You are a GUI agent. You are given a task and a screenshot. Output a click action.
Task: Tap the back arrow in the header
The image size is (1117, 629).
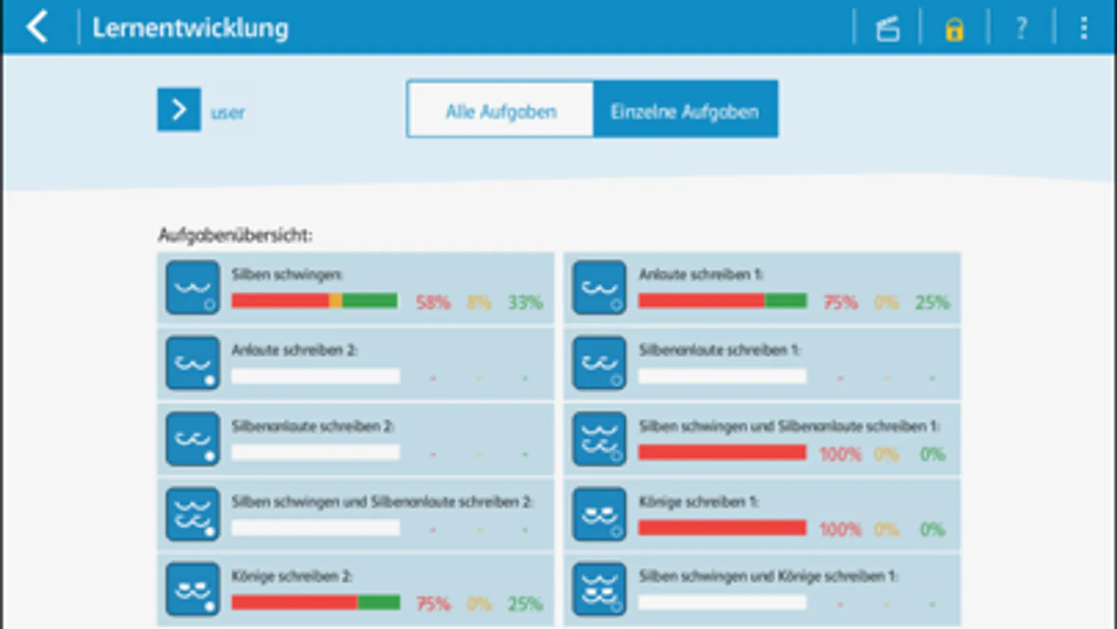(37, 28)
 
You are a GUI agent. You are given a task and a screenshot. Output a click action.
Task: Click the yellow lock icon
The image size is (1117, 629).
(954, 29)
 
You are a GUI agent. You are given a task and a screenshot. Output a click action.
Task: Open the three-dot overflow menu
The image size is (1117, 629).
(1083, 29)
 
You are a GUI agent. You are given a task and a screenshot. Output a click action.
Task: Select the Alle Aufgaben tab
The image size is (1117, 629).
(501, 111)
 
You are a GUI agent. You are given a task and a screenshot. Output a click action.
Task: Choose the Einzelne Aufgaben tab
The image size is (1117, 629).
(685, 111)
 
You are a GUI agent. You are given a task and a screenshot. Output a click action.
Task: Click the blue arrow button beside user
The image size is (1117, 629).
(179, 109)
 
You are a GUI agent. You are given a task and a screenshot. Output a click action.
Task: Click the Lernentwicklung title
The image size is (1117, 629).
(190, 28)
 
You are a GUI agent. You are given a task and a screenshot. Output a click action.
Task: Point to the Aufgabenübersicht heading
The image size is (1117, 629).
(235, 235)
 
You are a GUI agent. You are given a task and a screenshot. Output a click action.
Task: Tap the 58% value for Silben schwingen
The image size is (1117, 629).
(433, 303)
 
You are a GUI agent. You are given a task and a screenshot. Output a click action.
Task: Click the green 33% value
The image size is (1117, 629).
(525, 303)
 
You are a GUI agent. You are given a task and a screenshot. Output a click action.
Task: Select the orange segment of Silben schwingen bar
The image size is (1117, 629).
(335, 301)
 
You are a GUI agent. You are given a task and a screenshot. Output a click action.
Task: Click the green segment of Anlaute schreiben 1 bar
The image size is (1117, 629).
(786, 301)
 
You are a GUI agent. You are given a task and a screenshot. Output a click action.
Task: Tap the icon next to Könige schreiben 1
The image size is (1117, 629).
(599, 515)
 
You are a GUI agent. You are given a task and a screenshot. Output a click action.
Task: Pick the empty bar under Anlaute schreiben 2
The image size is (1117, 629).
(316, 376)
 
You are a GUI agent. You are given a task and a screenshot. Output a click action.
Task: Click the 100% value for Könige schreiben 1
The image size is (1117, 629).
(840, 529)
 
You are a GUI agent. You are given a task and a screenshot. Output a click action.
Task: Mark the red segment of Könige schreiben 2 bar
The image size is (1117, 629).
(294, 602)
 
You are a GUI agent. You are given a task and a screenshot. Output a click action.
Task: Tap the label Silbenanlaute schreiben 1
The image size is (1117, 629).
(720, 349)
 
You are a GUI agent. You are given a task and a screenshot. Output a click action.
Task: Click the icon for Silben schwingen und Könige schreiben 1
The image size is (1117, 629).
(599, 589)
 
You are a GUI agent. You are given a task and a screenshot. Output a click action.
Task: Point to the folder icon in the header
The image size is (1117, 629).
(888, 29)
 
